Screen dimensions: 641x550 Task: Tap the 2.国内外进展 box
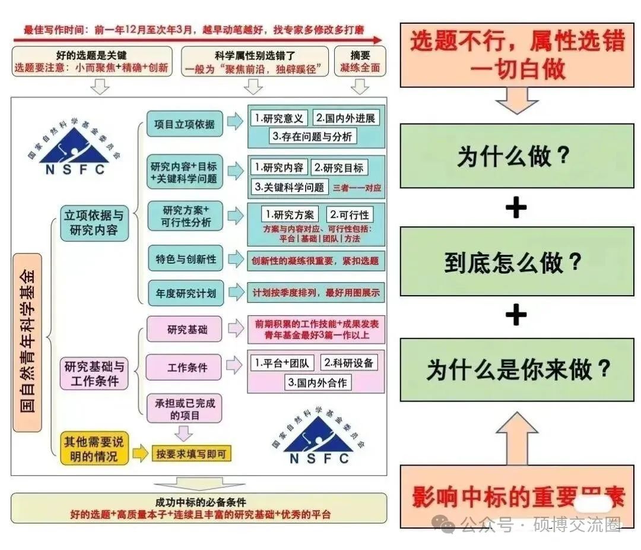click(x=345, y=118)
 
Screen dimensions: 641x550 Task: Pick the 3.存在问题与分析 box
click(x=312, y=136)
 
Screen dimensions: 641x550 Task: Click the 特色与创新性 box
click(x=186, y=260)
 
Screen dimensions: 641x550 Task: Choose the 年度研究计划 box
click(x=186, y=293)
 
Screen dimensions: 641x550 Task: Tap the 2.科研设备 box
click(x=349, y=362)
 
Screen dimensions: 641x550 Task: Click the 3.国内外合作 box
click(x=318, y=382)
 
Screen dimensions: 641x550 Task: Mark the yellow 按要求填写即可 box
click(x=191, y=454)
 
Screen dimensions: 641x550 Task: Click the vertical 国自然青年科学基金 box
click(x=28, y=342)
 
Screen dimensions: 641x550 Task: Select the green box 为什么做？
click(x=516, y=156)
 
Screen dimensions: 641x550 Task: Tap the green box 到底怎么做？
click(x=516, y=262)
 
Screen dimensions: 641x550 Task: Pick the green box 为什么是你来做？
click(x=516, y=369)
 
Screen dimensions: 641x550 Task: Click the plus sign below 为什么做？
click(x=516, y=208)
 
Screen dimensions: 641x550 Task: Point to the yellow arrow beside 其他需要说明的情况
click(x=139, y=454)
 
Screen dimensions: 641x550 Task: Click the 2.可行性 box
click(x=350, y=214)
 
